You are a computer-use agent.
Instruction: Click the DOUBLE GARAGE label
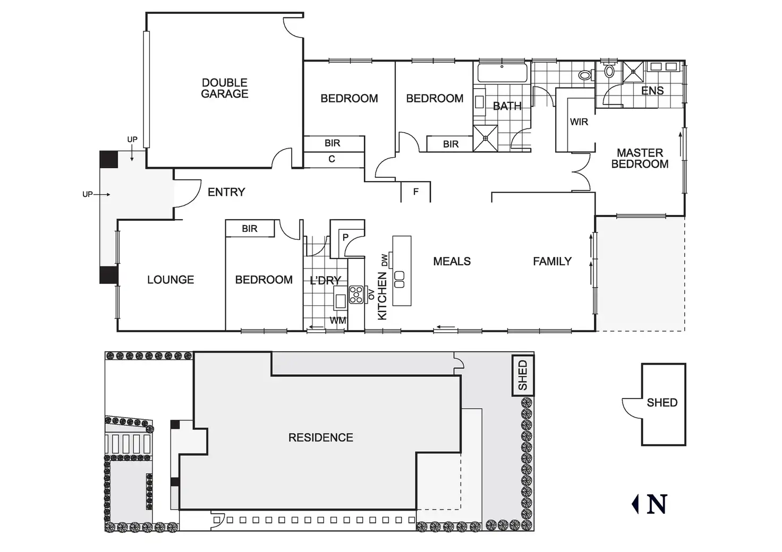point(225,88)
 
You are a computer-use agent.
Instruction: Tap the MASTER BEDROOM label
point(640,158)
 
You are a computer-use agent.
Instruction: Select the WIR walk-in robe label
point(579,122)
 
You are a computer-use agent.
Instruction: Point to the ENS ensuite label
point(652,91)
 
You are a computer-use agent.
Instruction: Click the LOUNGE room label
point(171,280)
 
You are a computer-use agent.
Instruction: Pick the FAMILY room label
point(552,261)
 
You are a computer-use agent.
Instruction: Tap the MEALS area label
point(452,261)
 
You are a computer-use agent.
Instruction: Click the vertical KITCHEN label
point(382,296)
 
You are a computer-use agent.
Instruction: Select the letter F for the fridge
point(416,192)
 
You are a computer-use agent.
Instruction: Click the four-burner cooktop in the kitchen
point(356,294)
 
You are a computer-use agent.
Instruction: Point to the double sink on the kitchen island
point(399,279)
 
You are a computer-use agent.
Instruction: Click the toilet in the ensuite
point(609,71)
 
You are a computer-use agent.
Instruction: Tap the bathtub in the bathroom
point(501,72)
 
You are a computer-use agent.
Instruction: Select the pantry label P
point(345,237)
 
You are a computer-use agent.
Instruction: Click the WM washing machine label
point(338,321)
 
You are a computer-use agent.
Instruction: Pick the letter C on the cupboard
point(331,159)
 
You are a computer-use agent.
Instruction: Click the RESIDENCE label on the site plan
point(320,437)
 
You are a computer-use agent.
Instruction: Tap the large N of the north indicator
point(657,504)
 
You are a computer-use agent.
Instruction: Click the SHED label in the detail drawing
point(662,403)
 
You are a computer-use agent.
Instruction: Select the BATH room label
point(507,106)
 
